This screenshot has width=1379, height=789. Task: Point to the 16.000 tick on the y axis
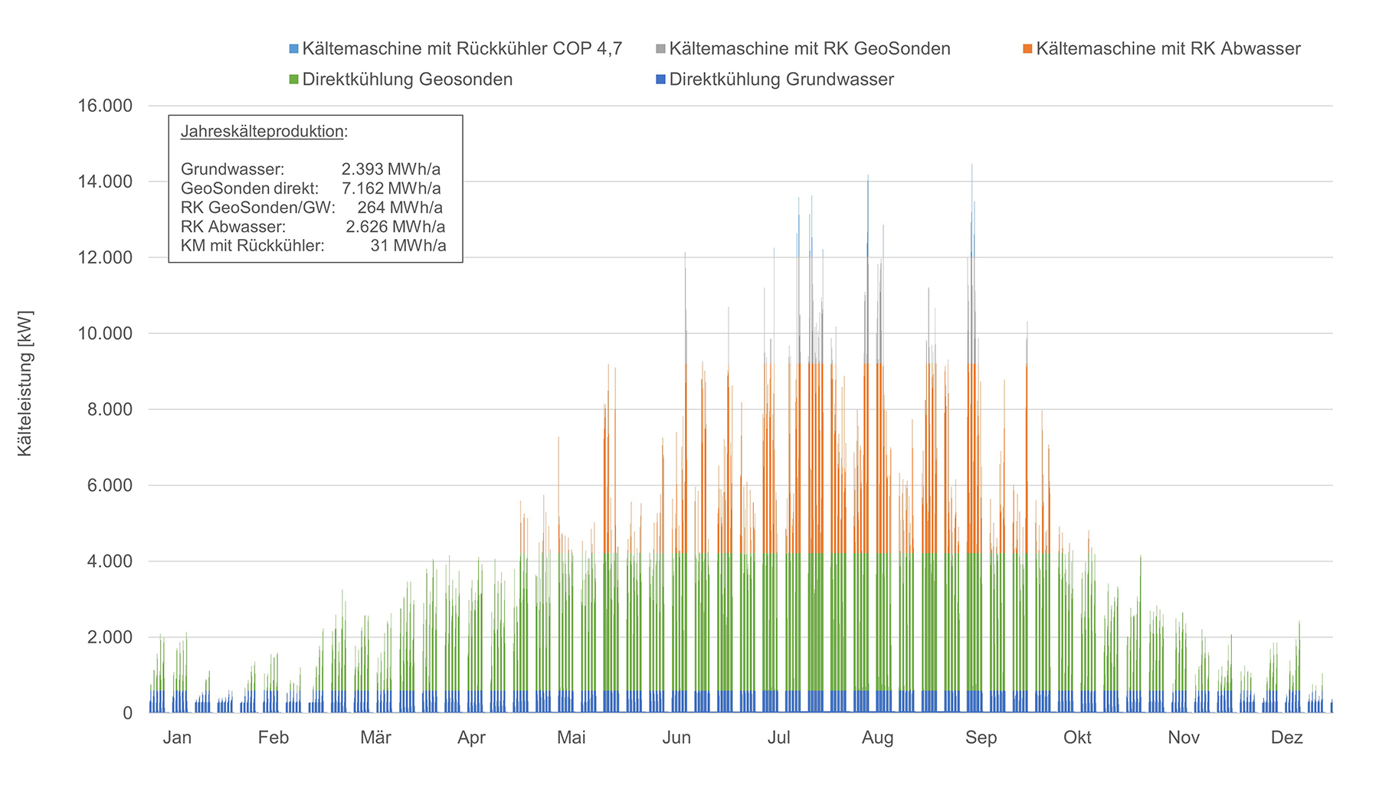[104, 106]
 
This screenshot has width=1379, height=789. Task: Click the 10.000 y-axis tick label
[104, 333]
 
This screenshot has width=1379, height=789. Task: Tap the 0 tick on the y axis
[127, 713]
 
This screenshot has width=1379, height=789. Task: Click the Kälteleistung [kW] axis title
[25, 383]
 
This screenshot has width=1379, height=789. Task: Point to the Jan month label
[177, 738]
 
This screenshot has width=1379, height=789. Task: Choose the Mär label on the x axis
[375, 738]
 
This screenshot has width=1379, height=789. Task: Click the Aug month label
[877, 738]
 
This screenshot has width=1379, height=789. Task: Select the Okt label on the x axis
[1077, 738]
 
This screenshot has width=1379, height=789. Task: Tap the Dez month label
[1286, 738]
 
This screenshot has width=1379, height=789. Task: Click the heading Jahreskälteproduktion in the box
[263, 132]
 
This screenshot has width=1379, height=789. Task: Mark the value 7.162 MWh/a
[391, 188]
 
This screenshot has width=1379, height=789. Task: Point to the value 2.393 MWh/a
[391, 169]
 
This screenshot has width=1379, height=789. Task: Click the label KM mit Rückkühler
[252, 246]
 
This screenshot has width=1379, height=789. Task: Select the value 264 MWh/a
[399, 208]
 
